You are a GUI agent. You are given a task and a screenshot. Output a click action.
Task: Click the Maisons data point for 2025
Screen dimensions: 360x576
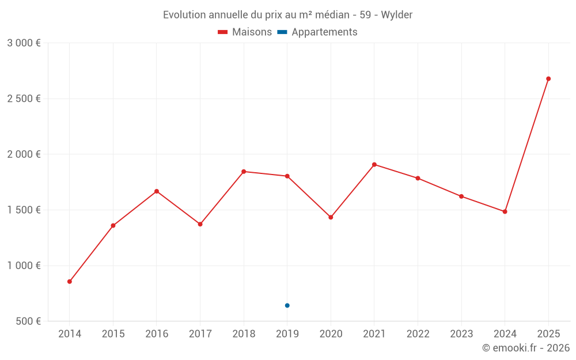(548, 79)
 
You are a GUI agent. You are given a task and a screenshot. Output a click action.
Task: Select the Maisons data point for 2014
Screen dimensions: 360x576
(70, 282)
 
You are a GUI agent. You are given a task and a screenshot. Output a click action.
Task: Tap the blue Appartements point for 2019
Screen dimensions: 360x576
(287, 305)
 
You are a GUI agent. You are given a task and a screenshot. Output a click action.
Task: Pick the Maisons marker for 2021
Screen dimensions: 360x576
(374, 165)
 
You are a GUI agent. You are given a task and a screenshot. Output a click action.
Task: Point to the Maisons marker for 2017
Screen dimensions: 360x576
(200, 224)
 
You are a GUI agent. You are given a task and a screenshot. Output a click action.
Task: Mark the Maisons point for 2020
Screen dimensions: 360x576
(331, 217)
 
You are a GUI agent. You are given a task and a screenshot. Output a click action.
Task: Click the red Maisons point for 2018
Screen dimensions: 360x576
(244, 172)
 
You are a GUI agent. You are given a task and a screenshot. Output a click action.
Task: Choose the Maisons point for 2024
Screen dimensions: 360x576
(505, 211)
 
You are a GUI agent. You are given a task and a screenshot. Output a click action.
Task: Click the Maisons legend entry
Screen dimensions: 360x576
(245, 32)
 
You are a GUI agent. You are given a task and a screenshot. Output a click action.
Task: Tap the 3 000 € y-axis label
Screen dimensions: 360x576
(24, 43)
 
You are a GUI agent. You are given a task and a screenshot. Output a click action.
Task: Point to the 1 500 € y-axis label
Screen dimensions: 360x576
(24, 210)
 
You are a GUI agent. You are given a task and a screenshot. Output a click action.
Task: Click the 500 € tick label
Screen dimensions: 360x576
(28, 321)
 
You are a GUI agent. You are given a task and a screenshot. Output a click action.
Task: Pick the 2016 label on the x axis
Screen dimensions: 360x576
(157, 334)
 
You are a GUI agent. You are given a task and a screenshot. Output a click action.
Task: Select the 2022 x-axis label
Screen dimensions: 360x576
(418, 334)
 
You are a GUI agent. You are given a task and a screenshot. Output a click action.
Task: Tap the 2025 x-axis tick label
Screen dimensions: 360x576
(548, 334)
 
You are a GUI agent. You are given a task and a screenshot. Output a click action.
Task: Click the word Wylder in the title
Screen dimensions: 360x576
(398, 15)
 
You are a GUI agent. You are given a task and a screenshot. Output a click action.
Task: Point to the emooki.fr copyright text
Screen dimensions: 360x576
(526, 348)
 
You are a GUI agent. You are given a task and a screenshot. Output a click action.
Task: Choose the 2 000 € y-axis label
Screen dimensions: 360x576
(24, 154)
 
